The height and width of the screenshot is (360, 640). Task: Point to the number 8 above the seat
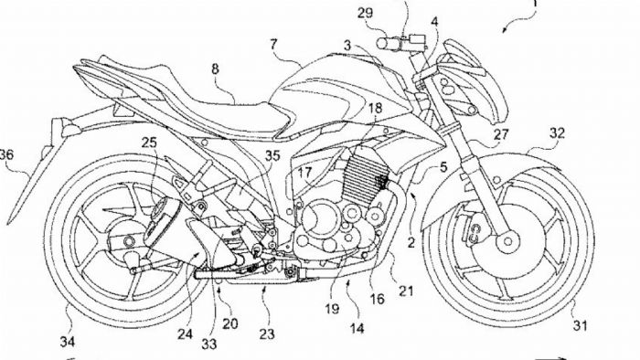pyautogui.click(x=215, y=69)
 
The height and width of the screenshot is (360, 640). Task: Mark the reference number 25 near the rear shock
pyautogui.click(x=150, y=143)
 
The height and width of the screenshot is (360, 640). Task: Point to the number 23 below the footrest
pyautogui.click(x=265, y=335)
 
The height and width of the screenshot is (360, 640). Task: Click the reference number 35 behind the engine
pyautogui.click(x=272, y=156)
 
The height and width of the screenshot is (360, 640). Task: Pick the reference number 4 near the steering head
pyautogui.click(x=433, y=20)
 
